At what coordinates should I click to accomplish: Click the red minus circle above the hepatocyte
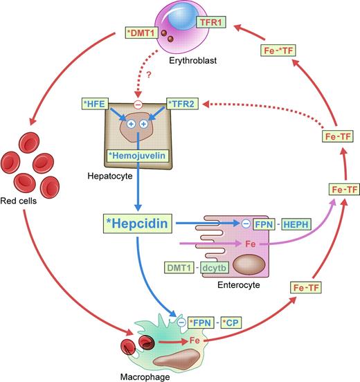[x=138, y=105]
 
